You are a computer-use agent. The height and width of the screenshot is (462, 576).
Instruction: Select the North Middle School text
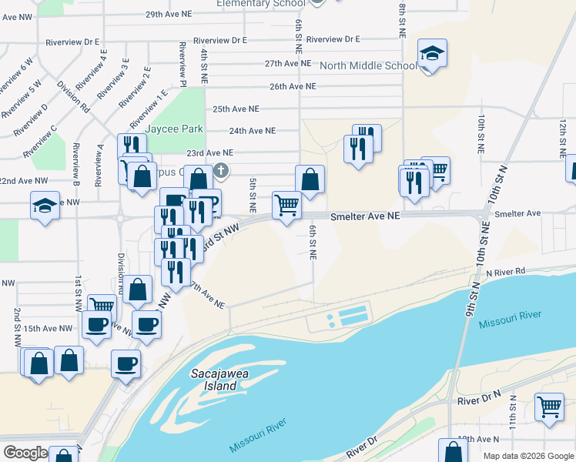(x=368, y=65)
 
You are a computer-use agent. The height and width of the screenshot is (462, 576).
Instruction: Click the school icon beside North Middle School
(x=433, y=54)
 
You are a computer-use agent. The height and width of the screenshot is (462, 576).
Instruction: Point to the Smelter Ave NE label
(x=366, y=217)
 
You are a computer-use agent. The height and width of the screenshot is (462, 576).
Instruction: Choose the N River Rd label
(x=505, y=271)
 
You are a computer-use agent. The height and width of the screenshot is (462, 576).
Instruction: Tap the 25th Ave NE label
(x=236, y=109)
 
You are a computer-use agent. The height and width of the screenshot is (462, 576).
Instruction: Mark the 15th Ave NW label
(x=48, y=328)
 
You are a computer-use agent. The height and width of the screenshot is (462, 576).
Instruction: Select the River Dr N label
(x=478, y=401)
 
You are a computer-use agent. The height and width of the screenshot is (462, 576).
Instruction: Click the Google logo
(x=25, y=453)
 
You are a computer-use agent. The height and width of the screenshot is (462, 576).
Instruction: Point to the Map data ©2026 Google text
(x=528, y=456)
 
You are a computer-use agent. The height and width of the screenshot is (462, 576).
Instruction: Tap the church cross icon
(x=221, y=169)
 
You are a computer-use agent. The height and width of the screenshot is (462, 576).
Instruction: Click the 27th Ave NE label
(x=287, y=63)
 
